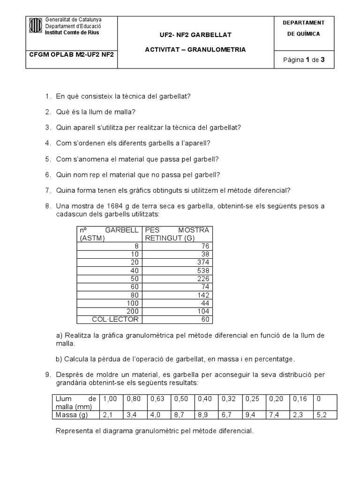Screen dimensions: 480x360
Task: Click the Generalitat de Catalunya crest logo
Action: [36, 26]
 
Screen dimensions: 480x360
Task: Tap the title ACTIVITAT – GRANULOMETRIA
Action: [195, 49]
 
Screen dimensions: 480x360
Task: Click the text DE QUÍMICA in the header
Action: [303, 34]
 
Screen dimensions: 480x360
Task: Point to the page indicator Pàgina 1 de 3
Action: [305, 60]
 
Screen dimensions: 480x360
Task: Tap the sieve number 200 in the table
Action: [133, 311]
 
